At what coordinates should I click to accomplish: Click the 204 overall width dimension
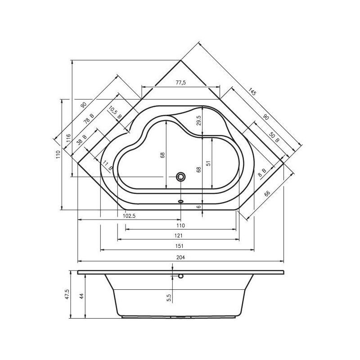tap(181, 257)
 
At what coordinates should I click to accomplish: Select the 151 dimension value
tap(179, 246)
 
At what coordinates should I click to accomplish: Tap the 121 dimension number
tap(178, 235)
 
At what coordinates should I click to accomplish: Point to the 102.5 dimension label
tap(129, 216)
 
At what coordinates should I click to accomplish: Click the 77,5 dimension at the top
tap(181, 83)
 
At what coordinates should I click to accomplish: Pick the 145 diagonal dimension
tap(252, 92)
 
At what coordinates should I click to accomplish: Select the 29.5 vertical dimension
tap(199, 121)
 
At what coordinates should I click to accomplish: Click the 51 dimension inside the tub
tap(208, 163)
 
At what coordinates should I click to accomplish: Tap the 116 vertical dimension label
tap(68, 139)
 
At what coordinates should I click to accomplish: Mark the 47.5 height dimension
tap(67, 294)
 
